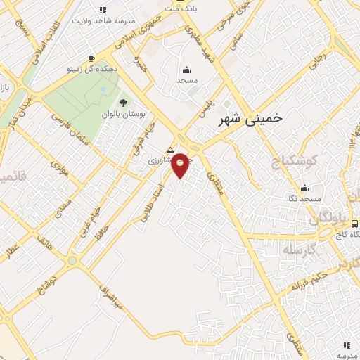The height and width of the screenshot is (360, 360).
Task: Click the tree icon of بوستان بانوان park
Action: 123,103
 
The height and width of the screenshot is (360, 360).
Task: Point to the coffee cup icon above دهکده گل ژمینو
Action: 92,58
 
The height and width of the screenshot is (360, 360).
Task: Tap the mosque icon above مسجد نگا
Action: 304,188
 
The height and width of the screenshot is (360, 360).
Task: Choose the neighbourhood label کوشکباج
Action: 295,161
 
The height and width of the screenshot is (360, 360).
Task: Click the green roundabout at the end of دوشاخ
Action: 72,261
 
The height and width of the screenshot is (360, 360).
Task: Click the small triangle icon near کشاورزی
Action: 169,150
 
